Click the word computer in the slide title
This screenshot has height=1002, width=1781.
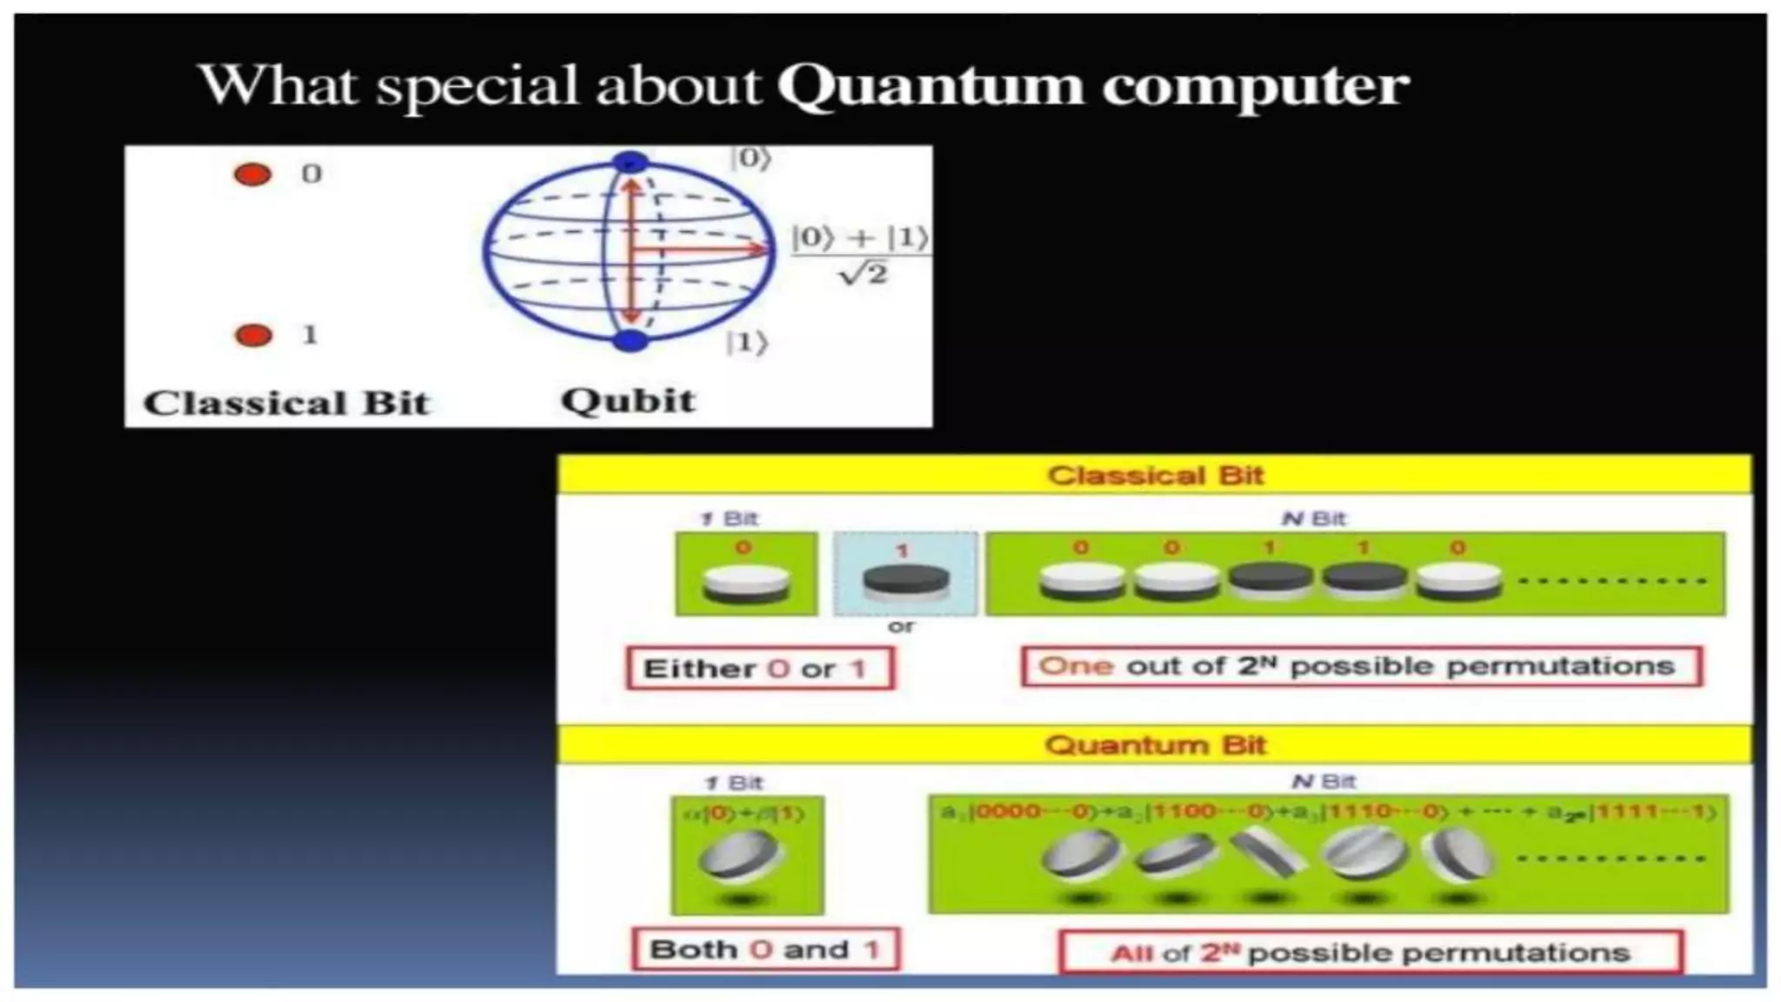tap(1254, 87)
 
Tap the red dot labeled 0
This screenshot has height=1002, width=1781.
tap(253, 175)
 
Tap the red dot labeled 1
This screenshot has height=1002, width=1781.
tap(253, 336)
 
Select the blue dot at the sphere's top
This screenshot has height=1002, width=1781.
tap(630, 162)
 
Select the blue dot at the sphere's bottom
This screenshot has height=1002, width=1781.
tap(630, 340)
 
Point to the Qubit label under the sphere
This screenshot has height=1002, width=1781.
tap(628, 401)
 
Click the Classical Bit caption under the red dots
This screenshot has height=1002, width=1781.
tap(286, 404)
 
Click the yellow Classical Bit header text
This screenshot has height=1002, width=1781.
tap(1155, 476)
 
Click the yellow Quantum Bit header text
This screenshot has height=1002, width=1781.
tap(1155, 745)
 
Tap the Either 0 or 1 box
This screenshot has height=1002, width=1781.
tap(759, 669)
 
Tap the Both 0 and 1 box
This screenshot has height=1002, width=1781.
tap(765, 949)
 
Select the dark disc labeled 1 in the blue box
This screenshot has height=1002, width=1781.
tap(904, 580)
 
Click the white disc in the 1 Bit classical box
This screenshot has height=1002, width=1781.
tap(745, 581)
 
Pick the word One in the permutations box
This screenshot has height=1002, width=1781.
tap(1076, 666)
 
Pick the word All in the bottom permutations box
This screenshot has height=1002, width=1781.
tap(1131, 953)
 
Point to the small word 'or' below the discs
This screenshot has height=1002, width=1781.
tap(901, 626)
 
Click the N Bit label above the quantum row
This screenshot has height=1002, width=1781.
tap(1324, 782)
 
